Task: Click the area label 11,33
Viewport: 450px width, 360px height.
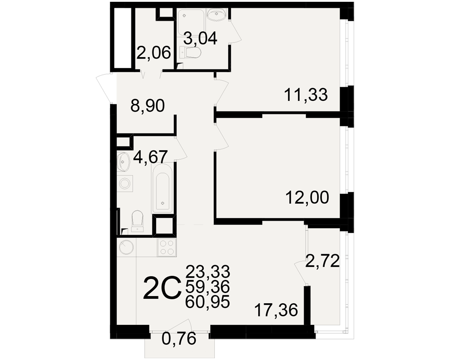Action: [x=306, y=95]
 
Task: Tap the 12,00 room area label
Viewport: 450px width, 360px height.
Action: [x=307, y=198]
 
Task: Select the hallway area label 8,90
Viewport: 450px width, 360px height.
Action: [x=148, y=106]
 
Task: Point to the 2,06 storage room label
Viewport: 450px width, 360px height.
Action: [x=153, y=53]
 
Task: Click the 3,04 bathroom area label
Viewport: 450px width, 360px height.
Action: [x=200, y=38]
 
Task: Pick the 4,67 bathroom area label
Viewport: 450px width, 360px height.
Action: [x=151, y=157]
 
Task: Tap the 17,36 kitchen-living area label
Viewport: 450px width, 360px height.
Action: [x=276, y=310]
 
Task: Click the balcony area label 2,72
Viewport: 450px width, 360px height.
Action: [x=322, y=261]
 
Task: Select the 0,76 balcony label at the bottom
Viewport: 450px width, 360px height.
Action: [x=179, y=339]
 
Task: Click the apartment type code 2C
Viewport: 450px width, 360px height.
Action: [x=162, y=288]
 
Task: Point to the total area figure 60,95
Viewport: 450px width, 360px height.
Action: [x=208, y=301]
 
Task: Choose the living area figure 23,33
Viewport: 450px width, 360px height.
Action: [x=208, y=271]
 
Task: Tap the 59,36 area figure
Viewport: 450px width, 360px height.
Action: [x=208, y=286]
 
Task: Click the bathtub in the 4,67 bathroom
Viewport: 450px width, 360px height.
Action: [x=162, y=189]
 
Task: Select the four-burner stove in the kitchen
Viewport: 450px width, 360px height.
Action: [x=167, y=247]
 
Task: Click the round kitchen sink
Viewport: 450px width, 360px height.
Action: [x=126, y=247]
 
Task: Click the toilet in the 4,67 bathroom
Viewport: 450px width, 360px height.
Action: [x=137, y=221]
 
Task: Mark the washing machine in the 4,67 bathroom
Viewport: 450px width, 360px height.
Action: [x=125, y=184]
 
